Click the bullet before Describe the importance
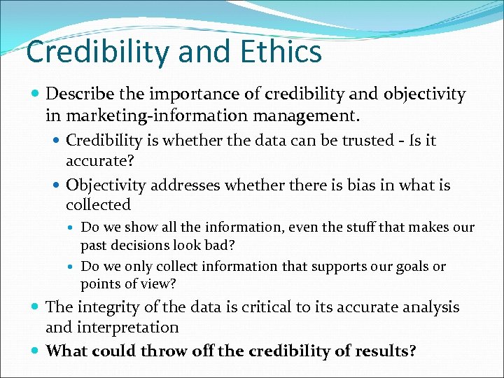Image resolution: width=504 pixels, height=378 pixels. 36,94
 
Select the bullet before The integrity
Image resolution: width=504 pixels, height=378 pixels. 36,307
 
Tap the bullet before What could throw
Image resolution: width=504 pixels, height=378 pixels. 36,350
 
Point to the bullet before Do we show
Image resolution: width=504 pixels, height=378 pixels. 73,227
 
